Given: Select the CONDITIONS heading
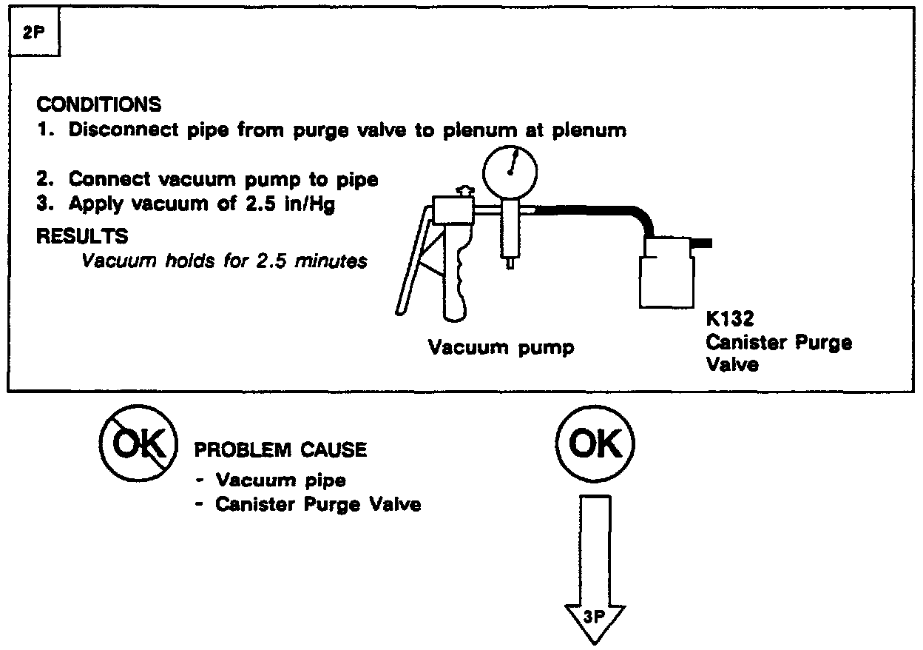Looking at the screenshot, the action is click(98, 104).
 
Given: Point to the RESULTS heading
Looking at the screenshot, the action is click(81, 236).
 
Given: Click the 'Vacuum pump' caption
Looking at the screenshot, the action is click(501, 347).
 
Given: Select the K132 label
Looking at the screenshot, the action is click(729, 320).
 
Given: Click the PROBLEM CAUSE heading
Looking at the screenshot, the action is click(280, 449).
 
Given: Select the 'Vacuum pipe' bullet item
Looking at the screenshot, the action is click(280, 480).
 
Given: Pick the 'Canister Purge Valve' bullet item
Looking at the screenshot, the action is click(318, 505).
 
